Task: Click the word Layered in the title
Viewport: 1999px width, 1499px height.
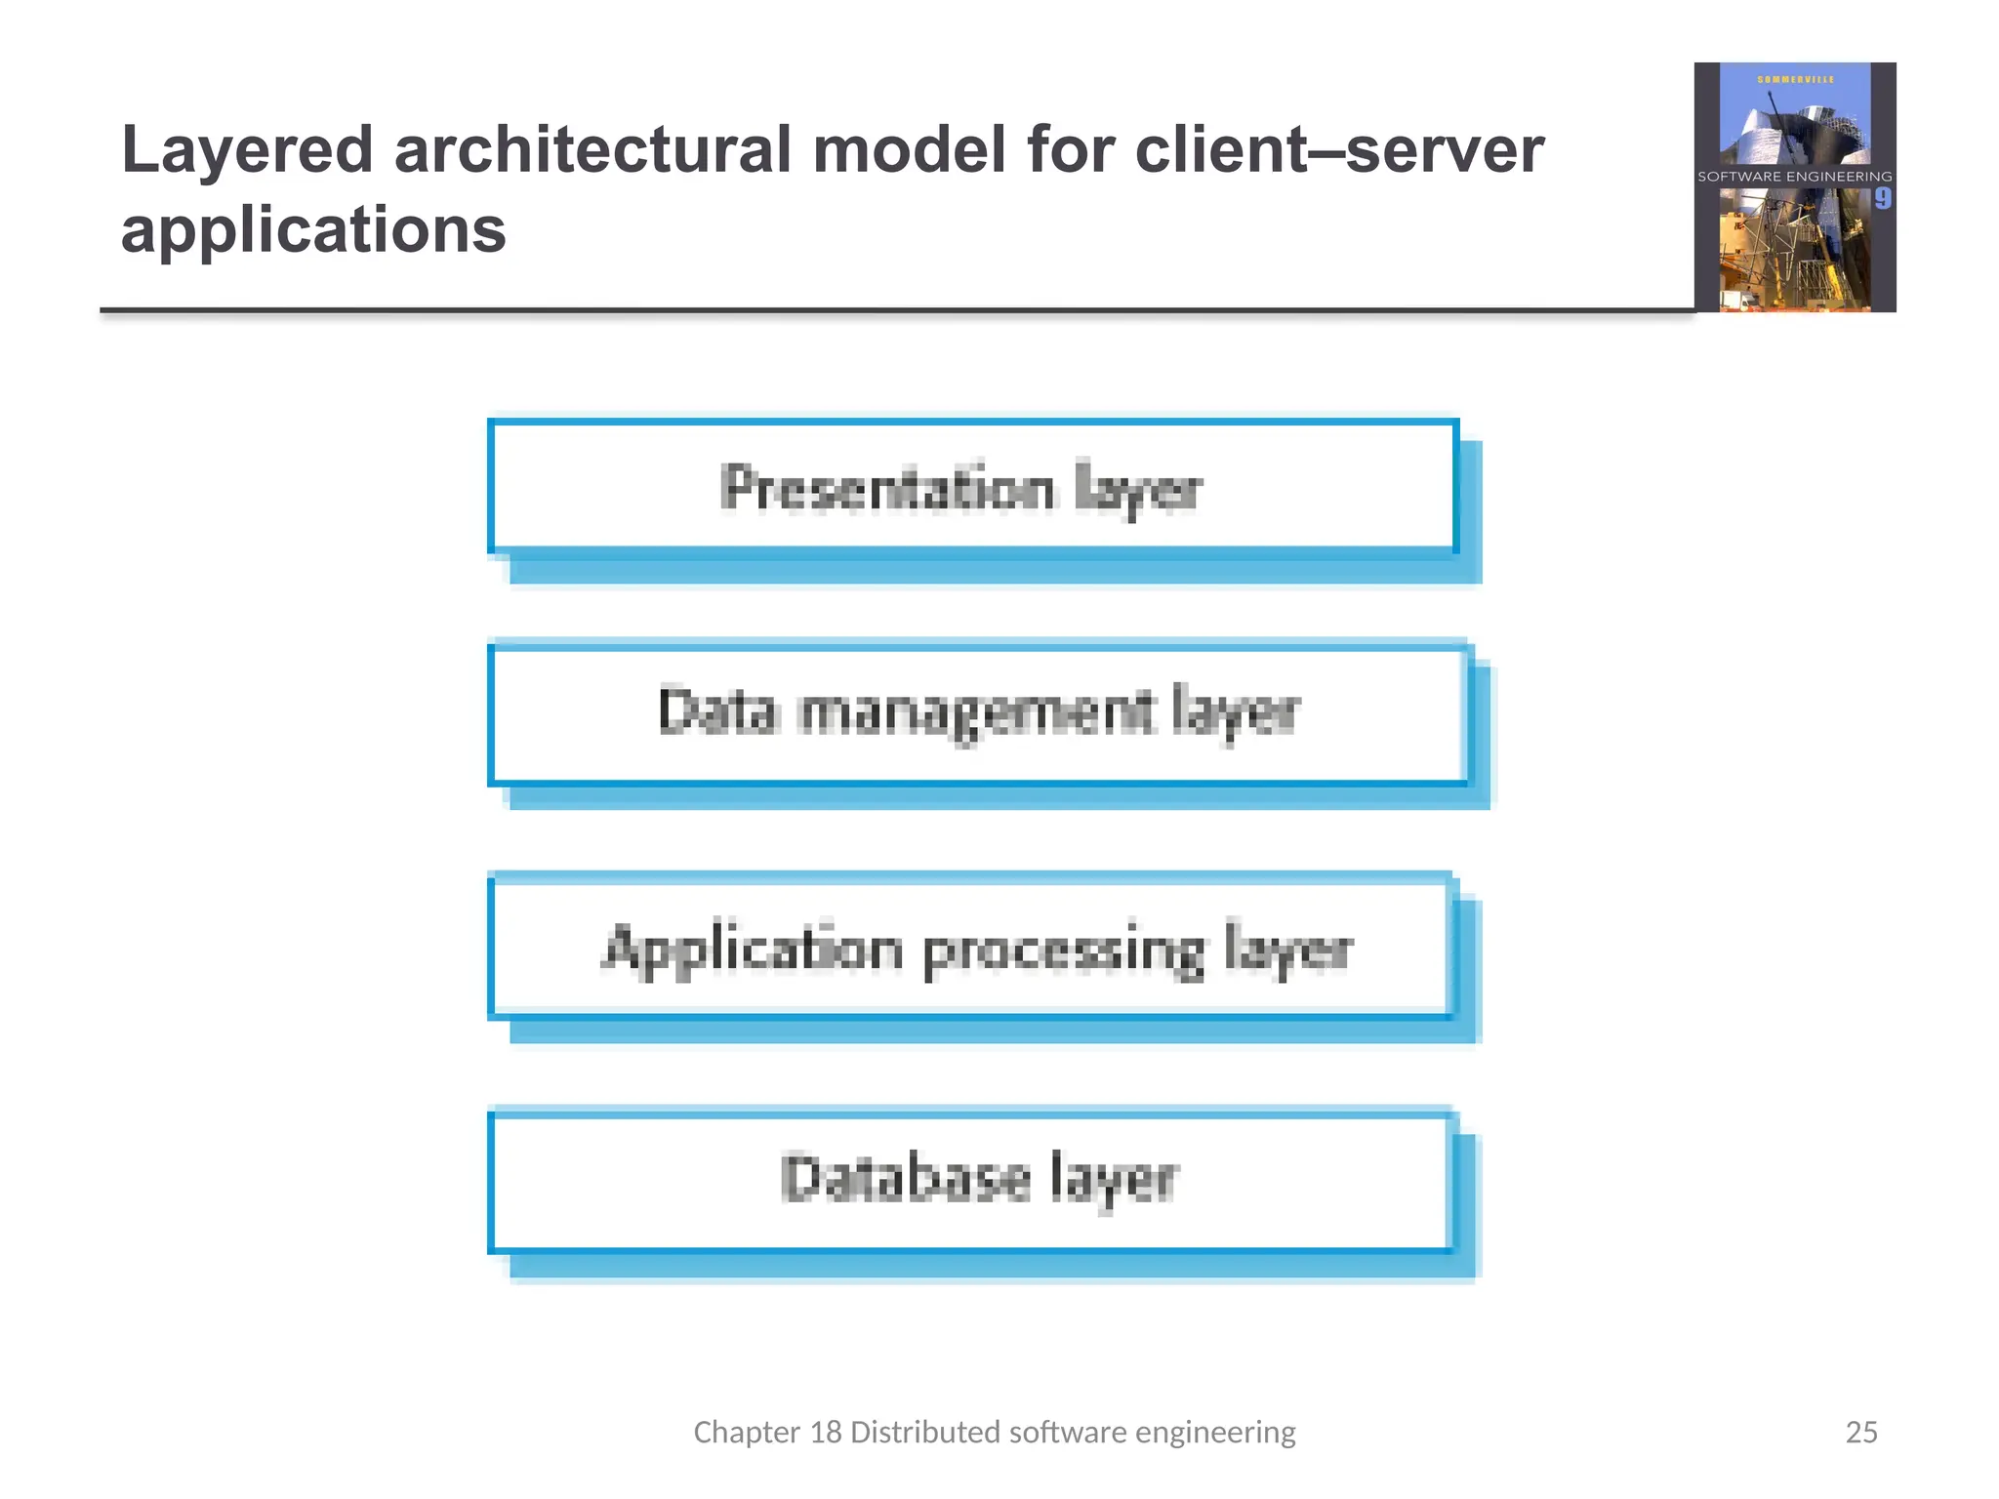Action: coord(247,151)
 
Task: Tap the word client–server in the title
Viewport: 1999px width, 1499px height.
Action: coord(1339,151)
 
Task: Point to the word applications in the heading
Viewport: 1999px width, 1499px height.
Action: coord(313,231)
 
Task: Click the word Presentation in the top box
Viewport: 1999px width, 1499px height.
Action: coord(887,488)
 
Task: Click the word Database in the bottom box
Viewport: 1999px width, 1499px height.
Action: coord(905,1179)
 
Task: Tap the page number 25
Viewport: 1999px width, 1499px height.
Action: coord(1861,1432)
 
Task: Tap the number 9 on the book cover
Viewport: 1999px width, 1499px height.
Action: coord(1882,199)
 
